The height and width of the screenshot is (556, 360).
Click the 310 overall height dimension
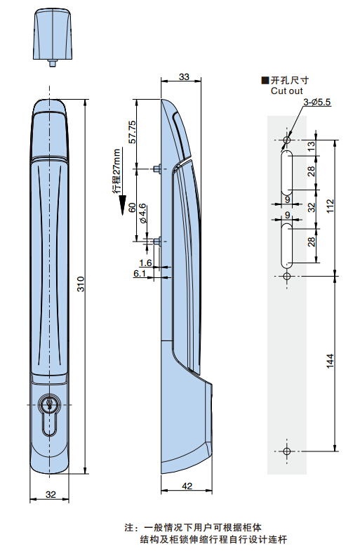pyautogui.click(x=81, y=284)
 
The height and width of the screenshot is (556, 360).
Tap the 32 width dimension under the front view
pyautogui.click(x=51, y=494)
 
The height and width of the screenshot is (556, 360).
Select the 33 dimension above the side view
pyautogui.click(x=184, y=77)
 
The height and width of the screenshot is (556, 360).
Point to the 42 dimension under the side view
pyautogui.click(x=187, y=486)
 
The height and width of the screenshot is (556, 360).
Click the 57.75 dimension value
pyautogui.click(x=132, y=132)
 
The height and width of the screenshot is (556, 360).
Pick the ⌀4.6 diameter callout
pyautogui.click(x=142, y=213)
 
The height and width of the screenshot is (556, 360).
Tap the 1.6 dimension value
pyautogui.click(x=145, y=263)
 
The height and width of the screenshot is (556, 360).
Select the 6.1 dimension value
pyautogui.click(x=140, y=273)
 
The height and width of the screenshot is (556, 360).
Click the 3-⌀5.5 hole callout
pyautogui.click(x=317, y=102)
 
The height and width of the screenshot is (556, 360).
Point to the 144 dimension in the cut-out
pyautogui.click(x=330, y=361)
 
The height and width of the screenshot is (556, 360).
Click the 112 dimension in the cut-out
pyautogui.click(x=330, y=206)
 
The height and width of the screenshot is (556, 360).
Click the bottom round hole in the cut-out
pyautogui.click(x=287, y=451)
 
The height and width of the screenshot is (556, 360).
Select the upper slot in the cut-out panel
pyautogui.click(x=286, y=173)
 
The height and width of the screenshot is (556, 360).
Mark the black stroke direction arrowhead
pyautogui.click(x=122, y=205)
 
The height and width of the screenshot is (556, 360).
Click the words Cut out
pyautogui.click(x=286, y=91)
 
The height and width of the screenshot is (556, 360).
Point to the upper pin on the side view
pyautogui.click(x=157, y=168)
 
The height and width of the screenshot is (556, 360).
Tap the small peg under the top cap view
pyautogui.click(x=52, y=63)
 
